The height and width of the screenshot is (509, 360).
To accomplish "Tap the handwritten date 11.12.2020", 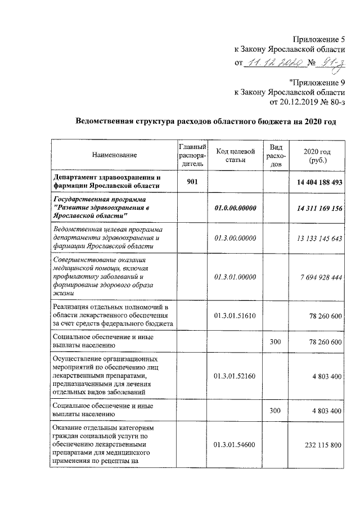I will click(274, 63).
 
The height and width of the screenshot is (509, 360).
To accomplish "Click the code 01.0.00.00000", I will click(235, 208).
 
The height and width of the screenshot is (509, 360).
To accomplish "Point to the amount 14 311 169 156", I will click(316, 208).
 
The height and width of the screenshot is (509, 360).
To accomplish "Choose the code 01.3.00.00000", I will click(235, 238).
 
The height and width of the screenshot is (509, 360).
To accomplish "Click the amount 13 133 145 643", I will click(316, 238).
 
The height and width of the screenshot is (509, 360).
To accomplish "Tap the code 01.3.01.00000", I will click(235, 277).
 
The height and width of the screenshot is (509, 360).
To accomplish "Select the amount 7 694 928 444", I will click(316, 277).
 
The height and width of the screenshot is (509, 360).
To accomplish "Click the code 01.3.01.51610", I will click(235, 316).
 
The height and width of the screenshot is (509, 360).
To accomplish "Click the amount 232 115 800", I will click(318, 445).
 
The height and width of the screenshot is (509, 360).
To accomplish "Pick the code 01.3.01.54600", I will click(235, 445).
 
